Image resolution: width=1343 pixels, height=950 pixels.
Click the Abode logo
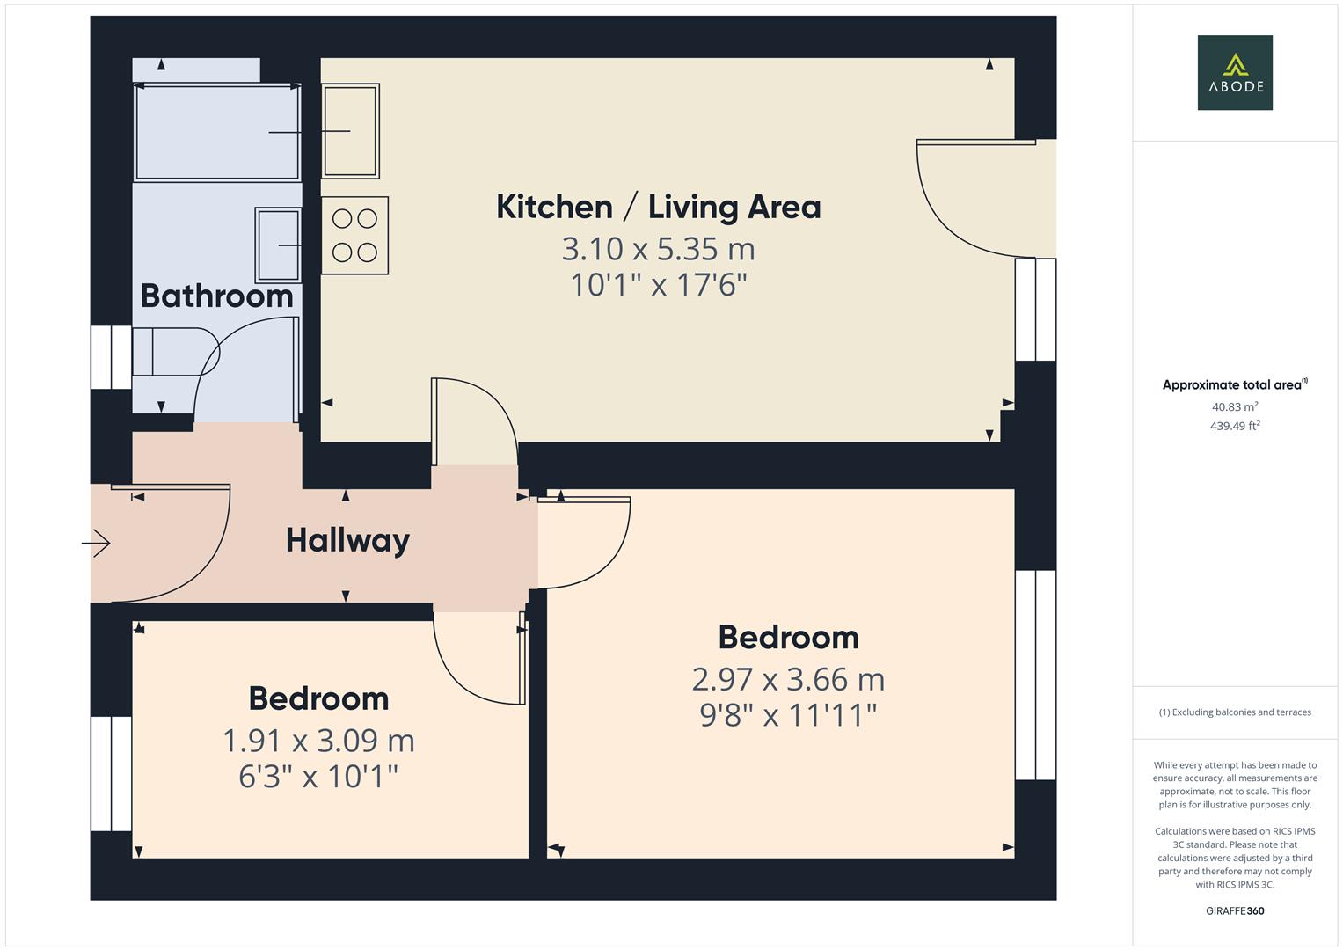[x=1235, y=72]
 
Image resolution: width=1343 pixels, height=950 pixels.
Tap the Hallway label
[x=347, y=540]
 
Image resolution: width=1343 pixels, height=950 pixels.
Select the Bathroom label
[x=216, y=296]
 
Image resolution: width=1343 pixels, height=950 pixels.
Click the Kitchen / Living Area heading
[x=658, y=207]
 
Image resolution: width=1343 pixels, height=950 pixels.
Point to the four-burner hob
[x=354, y=236]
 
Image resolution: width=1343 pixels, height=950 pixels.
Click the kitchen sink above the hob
[x=350, y=130]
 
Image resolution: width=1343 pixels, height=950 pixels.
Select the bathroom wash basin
[x=279, y=245]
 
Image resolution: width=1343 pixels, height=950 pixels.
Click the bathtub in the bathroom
[x=216, y=132]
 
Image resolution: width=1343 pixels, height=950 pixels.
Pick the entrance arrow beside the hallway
[x=96, y=544]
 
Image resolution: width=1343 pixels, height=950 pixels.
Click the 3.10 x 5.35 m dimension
[x=658, y=249]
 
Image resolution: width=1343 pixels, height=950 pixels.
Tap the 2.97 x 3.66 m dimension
[x=788, y=679]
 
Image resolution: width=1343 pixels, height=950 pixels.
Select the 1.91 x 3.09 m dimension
[x=318, y=741]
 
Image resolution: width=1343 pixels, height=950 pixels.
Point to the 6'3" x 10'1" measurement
[x=318, y=777]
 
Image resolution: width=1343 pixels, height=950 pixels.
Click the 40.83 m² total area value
[x=1235, y=406]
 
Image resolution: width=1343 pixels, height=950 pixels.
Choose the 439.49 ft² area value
[x=1235, y=426]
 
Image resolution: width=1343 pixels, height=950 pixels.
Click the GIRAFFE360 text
[x=1235, y=910]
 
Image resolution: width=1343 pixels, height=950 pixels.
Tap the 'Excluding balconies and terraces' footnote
[x=1235, y=712]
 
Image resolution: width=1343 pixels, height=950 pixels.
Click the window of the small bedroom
[x=112, y=773]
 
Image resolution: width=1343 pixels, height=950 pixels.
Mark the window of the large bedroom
[x=1035, y=675]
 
